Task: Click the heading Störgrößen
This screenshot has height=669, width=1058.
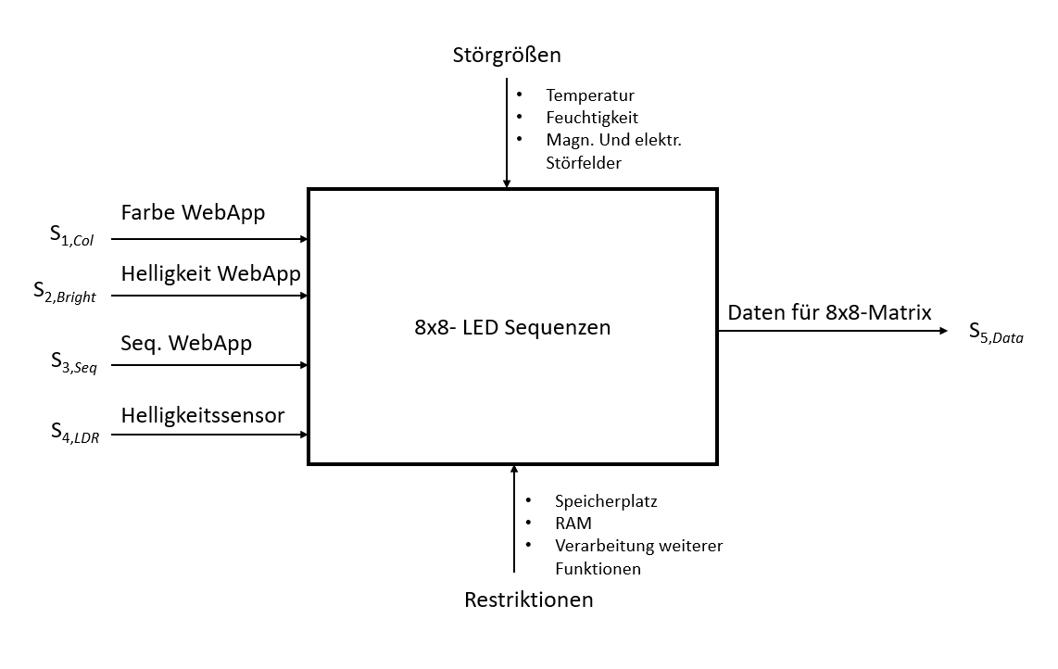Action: pos(507,56)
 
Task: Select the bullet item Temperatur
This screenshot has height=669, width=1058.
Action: pos(590,95)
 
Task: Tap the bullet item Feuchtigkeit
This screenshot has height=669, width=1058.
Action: pos(592,118)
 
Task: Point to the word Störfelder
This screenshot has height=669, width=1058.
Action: pos(584,163)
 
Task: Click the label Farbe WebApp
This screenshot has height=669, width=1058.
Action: pos(193,213)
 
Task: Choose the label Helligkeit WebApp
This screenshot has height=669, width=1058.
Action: pos(210,273)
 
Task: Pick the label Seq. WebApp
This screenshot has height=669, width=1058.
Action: pos(186,343)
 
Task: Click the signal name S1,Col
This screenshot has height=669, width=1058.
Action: pos(72,237)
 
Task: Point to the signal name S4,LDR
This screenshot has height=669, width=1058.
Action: pos(74,434)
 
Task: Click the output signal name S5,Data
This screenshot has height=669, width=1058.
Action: pos(996,333)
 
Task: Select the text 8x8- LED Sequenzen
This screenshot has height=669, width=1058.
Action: pos(512,327)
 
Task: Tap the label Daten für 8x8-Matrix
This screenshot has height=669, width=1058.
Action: pos(830,312)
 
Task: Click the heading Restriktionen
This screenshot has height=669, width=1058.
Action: pos(528,600)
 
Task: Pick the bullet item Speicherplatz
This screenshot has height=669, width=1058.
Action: pos(605,501)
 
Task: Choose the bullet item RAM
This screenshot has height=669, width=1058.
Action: pos(573,524)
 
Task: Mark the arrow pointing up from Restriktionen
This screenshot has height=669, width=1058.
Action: pos(514,519)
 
